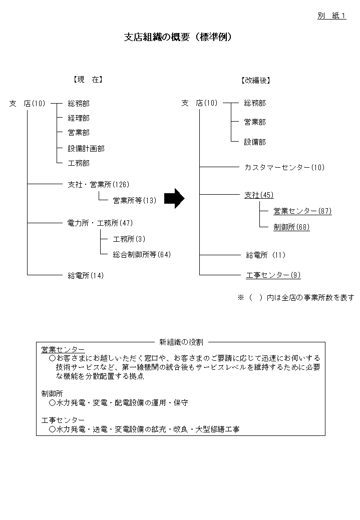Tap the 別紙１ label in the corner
click(x=332, y=16)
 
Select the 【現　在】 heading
click(x=88, y=80)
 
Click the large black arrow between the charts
click(x=174, y=199)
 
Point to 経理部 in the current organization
click(x=79, y=118)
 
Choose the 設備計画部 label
click(x=86, y=149)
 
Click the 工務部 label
click(x=79, y=163)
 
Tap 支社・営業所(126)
click(x=99, y=185)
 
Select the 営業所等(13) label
click(x=135, y=201)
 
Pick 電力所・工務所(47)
click(x=100, y=223)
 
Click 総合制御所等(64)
click(x=142, y=255)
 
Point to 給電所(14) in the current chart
click(x=86, y=275)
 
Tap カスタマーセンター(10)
click(x=284, y=167)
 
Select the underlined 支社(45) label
click(x=259, y=195)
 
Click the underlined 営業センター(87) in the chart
click(x=302, y=211)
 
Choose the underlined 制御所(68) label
click(x=291, y=227)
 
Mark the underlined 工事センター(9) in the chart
click(x=273, y=275)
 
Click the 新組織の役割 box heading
click(x=181, y=342)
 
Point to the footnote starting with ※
click(x=295, y=297)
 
